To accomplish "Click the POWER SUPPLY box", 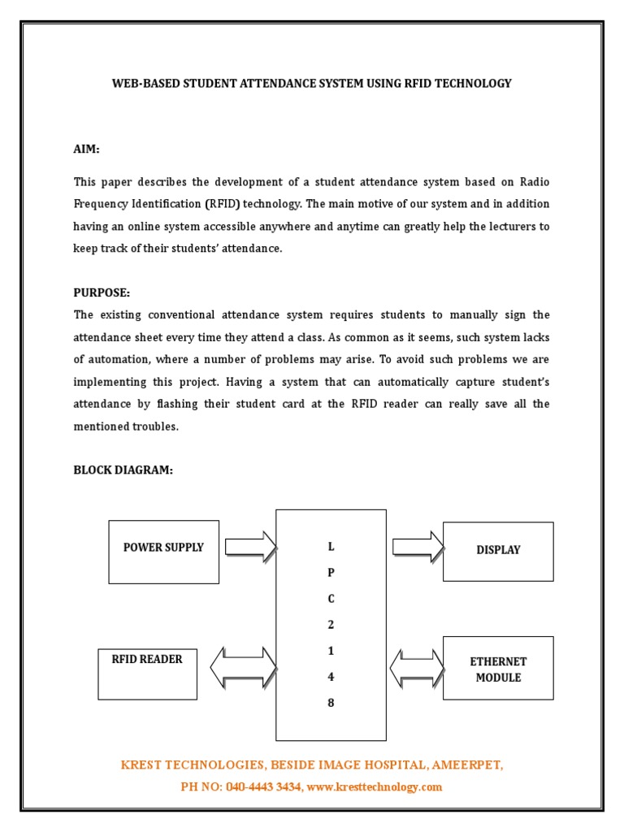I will click(163, 552).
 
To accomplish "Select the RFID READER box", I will click(147, 674).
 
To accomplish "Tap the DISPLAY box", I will click(497, 551).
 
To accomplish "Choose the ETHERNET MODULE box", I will click(497, 668).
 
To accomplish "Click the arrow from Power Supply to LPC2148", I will click(250, 547).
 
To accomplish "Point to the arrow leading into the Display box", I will click(418, 546).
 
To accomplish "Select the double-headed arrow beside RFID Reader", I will click(243, 668).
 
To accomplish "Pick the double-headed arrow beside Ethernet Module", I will click(418, 668).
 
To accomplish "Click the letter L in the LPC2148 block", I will click(331, 547).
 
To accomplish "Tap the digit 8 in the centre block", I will click(331, 703).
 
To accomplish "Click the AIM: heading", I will click(87, 149).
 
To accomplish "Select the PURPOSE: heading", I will click(102, 292).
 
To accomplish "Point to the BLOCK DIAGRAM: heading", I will click(123, 470).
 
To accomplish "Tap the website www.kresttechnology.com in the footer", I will click(375, 786).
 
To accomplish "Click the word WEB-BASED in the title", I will click(141, 84).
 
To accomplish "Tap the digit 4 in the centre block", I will click(331, 677).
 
